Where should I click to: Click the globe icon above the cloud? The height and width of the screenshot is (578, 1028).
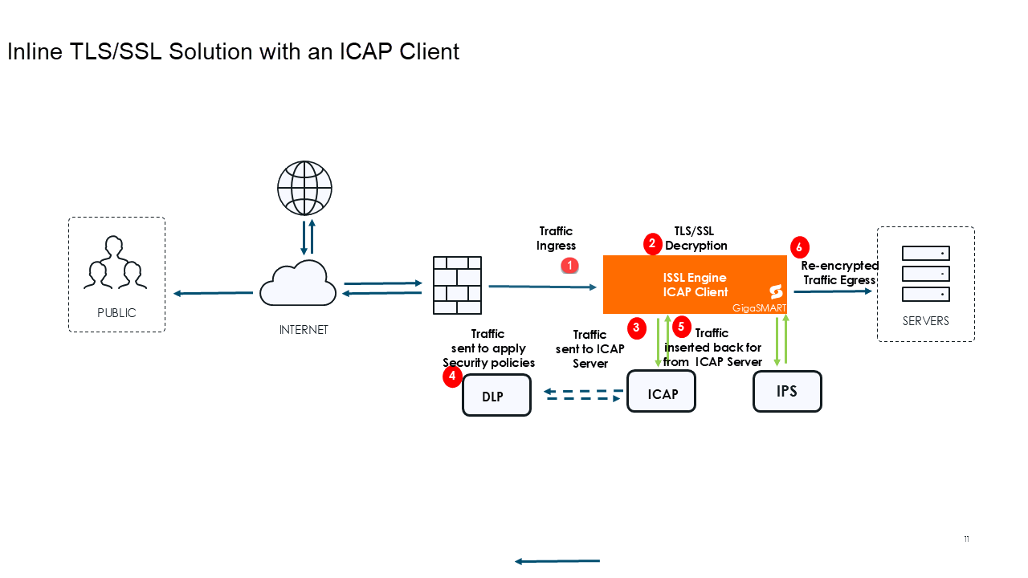tap(304, 189)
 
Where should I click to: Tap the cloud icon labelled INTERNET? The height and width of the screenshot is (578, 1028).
tap(298, 283)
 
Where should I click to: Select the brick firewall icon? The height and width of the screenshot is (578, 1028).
tap(457, 285)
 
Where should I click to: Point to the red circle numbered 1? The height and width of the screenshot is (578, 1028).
tap(569, 265)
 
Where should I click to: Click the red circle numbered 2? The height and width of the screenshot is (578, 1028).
tap(652, 242)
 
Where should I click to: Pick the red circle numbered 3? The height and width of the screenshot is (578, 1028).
tap(637, 327)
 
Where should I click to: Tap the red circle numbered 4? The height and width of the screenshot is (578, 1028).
tap(452, 376)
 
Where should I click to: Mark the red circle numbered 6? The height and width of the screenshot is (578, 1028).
tap(799, 246)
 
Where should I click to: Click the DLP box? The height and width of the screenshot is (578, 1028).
tap(496, 395)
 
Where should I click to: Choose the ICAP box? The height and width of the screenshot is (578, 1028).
tap(661, 392)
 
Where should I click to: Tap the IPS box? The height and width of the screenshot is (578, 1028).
tap(787, 391)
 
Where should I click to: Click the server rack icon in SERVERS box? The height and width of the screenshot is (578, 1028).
tap(925, 274)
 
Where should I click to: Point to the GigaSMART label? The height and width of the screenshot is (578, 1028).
tap(758, 307)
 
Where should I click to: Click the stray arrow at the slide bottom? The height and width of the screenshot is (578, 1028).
tap(557, 561)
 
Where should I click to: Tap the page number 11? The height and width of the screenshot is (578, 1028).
tap(966, 539)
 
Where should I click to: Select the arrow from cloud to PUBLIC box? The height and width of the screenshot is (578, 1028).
tap(213, 293)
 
